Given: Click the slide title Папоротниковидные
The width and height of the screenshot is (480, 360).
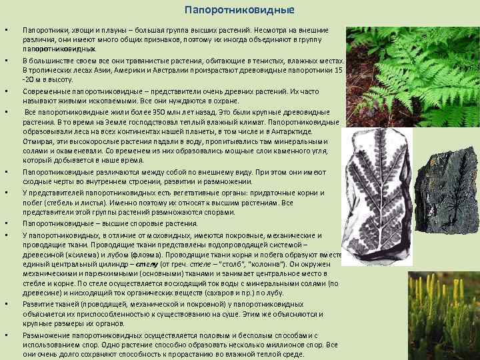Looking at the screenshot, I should pyautogui.click(x=239, y=11).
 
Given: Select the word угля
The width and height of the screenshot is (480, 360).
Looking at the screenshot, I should pyautogui.click(x=313, y=151).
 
